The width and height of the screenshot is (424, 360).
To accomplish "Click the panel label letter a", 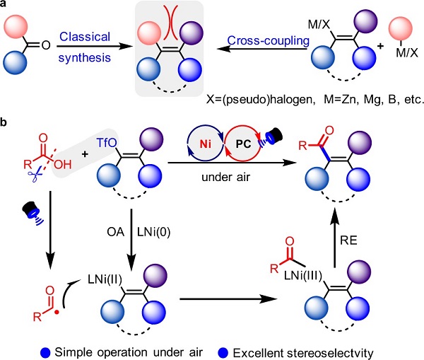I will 4,5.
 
